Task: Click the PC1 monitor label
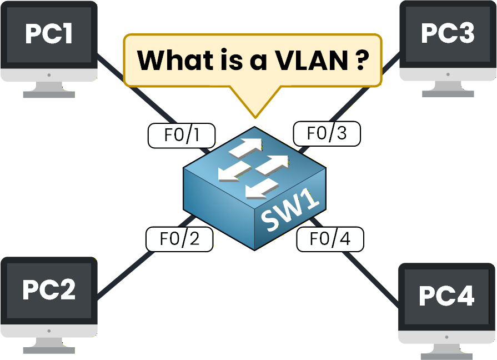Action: (x=49, y=34)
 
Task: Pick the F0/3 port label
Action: (x=327, y=133)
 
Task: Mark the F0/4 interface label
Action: (x=330, y=239)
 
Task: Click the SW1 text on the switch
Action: (x=292, y=213)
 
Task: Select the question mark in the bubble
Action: (x=360, y=60)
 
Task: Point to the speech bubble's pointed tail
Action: (x=255, y=108)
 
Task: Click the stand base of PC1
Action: (x=49, y=94)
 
